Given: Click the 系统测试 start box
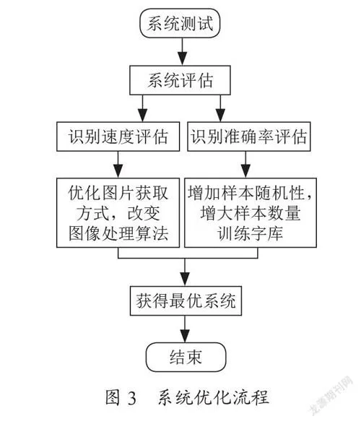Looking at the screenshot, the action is point(180,23).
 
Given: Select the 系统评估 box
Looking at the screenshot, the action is point(180,80).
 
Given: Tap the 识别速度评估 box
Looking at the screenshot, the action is point(118,137).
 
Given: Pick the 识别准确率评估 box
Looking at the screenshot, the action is point(249,137).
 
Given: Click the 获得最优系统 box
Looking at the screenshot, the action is point(186,300).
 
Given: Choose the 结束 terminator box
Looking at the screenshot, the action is point(186,357).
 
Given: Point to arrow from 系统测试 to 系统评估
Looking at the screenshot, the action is point(183,52).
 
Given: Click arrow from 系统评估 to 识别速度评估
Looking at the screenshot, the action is point(143,108).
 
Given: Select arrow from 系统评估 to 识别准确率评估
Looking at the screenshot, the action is point(220,108).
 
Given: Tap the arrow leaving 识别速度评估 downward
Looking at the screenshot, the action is point(118,165).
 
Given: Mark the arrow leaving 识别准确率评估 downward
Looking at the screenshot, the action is point(245,165).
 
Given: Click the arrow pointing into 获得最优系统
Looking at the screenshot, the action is point(185,272).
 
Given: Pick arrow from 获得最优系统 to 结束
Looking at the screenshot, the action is point(185,329).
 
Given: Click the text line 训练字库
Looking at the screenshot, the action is point(251,233).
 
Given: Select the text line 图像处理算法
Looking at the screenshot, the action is point(118,233).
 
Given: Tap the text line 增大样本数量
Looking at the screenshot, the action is point(251,213).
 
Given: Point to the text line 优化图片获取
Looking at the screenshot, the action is point(118,193).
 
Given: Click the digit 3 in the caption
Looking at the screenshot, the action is point(131,398).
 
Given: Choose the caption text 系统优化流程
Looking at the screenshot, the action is point(214,397).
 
